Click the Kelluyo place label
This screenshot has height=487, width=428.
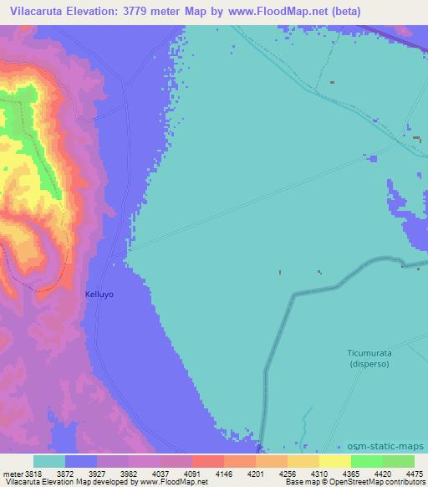tap(99, 295)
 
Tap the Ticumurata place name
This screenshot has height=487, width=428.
tap(370, 353)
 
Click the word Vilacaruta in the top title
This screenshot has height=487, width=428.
tap(36, 11)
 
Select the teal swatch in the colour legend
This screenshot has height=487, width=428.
tap(49, 462)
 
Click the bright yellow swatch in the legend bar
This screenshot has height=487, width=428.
tap(334, 462)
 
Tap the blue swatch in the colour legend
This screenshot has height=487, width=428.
tap(81, 462)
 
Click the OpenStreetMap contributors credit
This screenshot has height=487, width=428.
tap(384, 482)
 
